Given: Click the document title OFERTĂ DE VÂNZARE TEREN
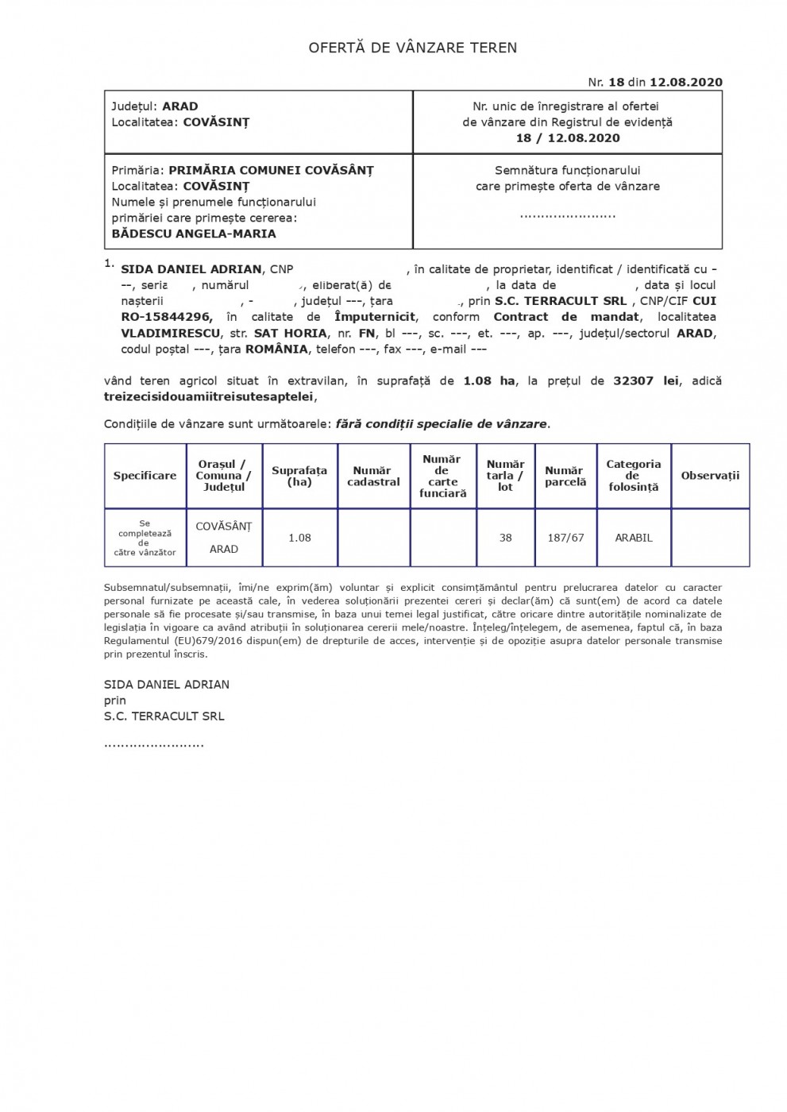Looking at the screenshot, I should click(x=412, y=48).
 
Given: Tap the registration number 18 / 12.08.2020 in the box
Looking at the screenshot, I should click(x=567, y=137).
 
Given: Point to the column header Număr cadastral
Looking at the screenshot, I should click(x=373, y=476).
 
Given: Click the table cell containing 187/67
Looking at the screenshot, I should click(x=565, y=538).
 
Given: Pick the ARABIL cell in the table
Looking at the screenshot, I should click(x=633, y=538).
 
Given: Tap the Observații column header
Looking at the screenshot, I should click(x=710, y=476).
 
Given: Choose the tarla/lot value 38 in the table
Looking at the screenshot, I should click(x=505, y=538).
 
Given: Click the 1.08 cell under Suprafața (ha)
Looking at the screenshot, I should click(x=299, y=538).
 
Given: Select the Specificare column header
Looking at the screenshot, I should click(x=145, y=476).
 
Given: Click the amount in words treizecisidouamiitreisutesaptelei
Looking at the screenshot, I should click(x=209, y=396).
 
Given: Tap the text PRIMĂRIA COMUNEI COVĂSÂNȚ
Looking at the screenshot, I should click(x=271, y=170).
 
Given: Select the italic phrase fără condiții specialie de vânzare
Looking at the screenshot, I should click(x=442, y=423).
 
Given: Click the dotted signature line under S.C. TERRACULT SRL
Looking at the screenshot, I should click(x=153, y=744).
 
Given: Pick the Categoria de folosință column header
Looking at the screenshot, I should click(x=633, y=476).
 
